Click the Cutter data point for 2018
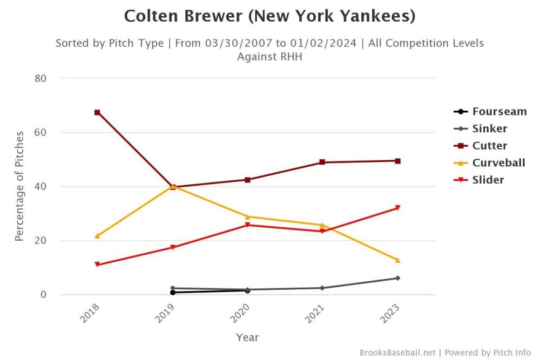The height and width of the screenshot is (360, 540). click(x=97, y=112)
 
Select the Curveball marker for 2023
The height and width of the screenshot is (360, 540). click(x=397, y=260)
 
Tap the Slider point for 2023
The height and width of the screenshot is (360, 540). click(x=397, y=208)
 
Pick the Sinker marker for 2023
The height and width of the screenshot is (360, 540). click(x=397, y=278)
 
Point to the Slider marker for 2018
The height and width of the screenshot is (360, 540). click(x=97, y=264)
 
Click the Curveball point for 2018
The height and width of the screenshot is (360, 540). click(x=97, y=236)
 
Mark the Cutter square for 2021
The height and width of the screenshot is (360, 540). click(x=322, y=162)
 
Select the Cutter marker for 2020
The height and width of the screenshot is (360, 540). click(x=247, y=180)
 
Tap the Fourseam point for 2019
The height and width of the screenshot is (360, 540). click(x=172, y=293)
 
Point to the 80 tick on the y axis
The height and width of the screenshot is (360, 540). click(x=40, y=78)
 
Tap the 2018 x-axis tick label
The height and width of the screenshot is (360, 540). click(x=91, y=314)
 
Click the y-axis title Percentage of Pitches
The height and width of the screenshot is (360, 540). click(x=19, y=186)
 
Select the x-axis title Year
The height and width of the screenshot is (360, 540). click(x=247, y=337)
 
